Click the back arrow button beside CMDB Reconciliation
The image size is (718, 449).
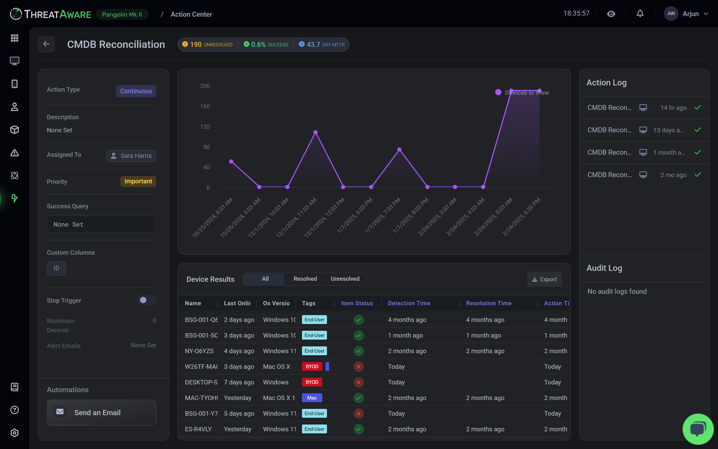[46, 44]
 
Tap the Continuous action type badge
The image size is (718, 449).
[136, 91]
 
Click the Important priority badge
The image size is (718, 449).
[138, 182]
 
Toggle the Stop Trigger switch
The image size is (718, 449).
[146, 300]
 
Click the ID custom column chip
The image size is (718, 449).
[56, 268]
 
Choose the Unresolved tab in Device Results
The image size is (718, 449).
[345, 279]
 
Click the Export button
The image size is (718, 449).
[544, 279]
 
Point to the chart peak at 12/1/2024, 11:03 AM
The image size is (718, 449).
[316, 133]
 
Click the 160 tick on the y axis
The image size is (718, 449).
[205, 106]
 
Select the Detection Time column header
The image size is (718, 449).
[409, 303]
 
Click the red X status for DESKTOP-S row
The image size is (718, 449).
[358, 382]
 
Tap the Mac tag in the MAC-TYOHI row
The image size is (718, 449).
[312, 398]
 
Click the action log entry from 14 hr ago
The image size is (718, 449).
[644, 108]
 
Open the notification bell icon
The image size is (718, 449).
[640, 14]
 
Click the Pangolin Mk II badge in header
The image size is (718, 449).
[122, 15]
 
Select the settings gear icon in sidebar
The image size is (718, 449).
[15, 433]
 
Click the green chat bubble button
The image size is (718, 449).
[698, 429]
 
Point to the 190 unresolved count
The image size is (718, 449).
[196, 45]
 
